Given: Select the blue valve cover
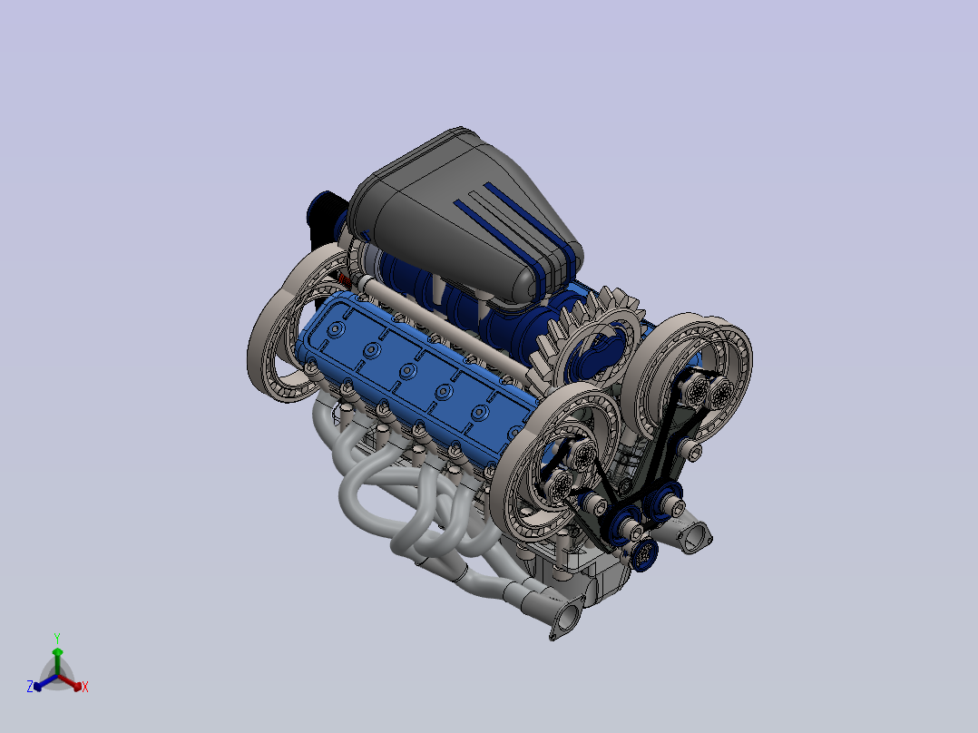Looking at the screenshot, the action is coord(418,375).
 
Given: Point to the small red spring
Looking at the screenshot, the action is coord(345,279).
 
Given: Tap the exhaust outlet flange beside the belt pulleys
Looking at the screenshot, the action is coord(693,536).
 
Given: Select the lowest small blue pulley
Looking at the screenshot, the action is coord(644,553).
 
